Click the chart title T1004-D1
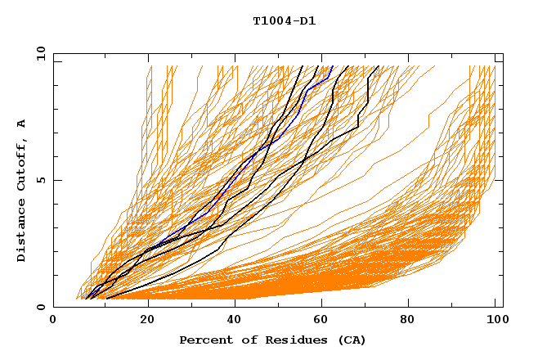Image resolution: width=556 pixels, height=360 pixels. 284,21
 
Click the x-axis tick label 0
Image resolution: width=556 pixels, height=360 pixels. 53,321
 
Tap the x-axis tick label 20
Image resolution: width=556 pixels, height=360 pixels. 148,321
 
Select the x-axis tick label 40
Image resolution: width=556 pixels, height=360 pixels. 236,321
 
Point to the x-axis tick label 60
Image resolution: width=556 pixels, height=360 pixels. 325,321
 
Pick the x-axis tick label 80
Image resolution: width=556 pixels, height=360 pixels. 413,321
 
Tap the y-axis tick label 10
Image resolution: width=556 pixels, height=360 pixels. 40,53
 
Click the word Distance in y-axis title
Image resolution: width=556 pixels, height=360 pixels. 22,230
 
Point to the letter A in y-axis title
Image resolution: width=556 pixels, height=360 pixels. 22,123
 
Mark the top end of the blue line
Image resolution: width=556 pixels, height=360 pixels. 333,66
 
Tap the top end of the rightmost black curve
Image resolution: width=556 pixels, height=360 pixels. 378,66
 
